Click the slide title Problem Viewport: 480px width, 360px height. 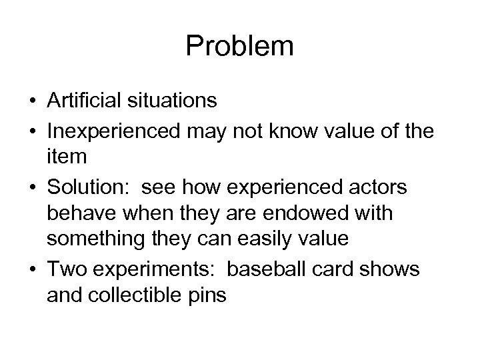[x=239, y=46]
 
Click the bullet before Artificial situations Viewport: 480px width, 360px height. [x=32, y=101]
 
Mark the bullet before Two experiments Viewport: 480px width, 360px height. [x=32, y=270]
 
